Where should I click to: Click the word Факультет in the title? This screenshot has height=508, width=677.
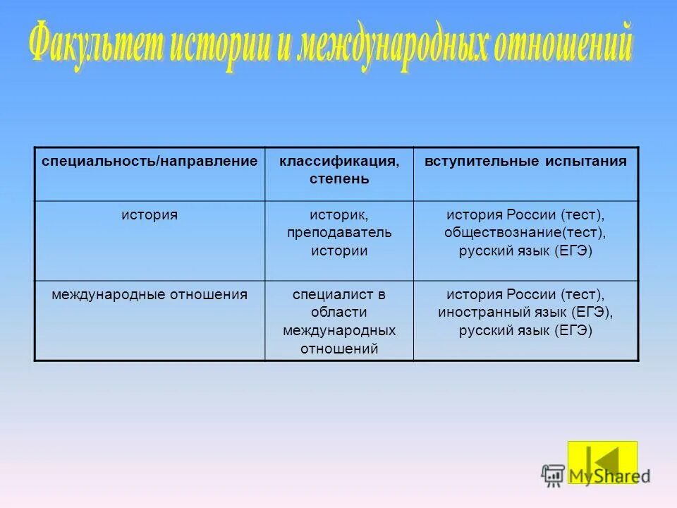[95, 48]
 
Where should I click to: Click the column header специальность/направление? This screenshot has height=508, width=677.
[150, 162]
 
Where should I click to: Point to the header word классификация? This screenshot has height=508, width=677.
[338, 162]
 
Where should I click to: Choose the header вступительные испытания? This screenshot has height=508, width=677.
[525, 162]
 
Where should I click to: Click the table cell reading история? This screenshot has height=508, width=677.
[150, 214]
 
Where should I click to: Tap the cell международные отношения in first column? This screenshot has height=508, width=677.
[150, 294]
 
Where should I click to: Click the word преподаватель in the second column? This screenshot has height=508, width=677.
[338, 232]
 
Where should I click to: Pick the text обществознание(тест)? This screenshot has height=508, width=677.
[525, 232]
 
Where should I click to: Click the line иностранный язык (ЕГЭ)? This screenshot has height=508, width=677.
[525, 313]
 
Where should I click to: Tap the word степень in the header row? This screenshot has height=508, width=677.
[338, 179]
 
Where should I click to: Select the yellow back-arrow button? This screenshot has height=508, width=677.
[602, 462]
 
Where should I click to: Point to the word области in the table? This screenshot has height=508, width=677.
[338, 313]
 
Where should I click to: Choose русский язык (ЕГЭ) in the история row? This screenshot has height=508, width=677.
[525, 250]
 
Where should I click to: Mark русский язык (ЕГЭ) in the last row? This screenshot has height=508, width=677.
[525, 330]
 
